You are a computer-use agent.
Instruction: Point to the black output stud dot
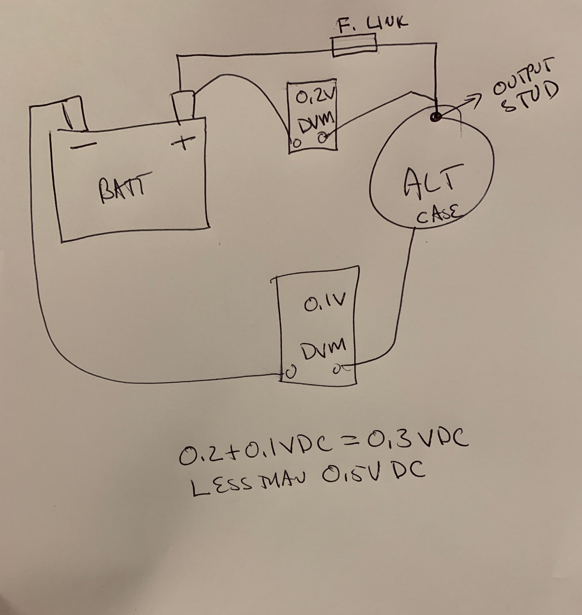[x=436, y=117]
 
